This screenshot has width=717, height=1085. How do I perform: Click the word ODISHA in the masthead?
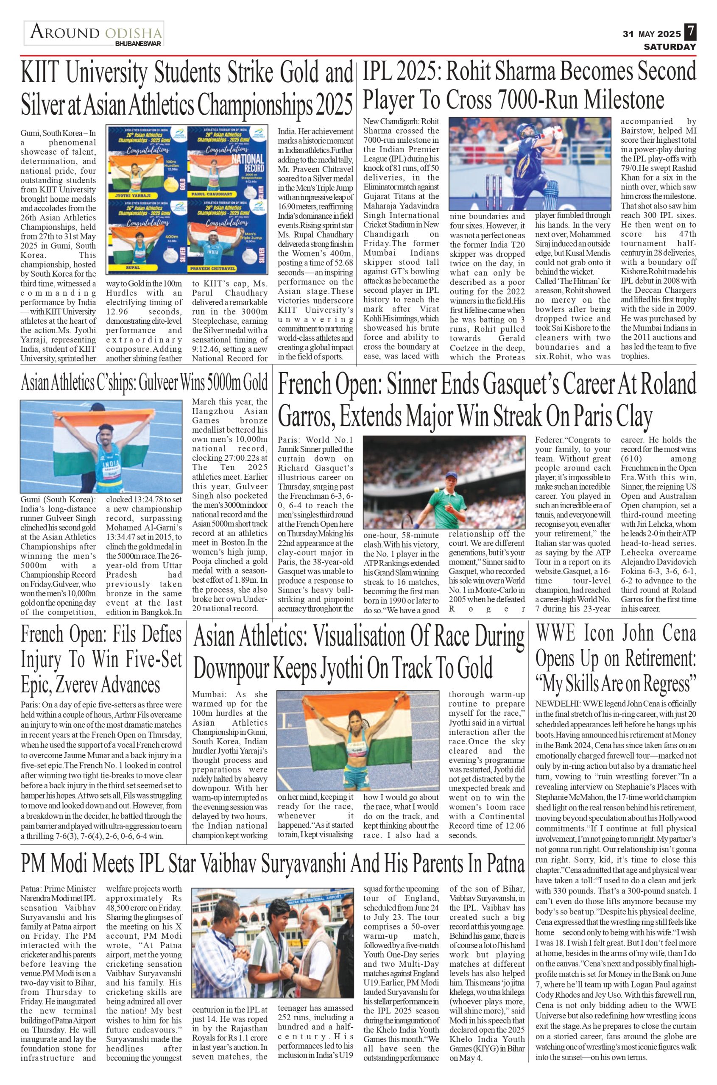(134, 33)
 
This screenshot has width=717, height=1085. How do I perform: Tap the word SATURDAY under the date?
(670, 47)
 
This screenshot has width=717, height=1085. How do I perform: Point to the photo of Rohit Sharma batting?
(530, 164)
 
